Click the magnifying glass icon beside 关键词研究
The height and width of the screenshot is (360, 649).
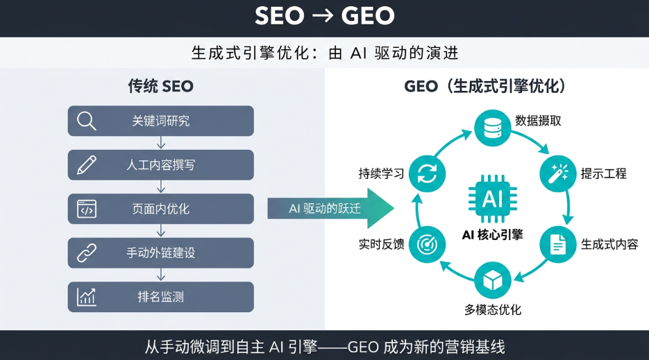87,121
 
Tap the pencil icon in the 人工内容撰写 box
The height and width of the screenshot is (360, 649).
87,164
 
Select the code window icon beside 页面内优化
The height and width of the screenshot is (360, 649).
87,209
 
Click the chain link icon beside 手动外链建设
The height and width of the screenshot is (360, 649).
87,252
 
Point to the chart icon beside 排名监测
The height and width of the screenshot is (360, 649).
87,297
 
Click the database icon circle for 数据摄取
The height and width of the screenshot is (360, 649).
493,128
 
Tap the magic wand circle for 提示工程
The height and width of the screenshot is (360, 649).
558,173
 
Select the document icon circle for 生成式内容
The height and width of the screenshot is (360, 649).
558,244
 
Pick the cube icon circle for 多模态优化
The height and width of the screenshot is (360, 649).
493,280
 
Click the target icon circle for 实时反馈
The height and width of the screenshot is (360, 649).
427,244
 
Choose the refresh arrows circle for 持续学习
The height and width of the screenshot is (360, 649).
427,173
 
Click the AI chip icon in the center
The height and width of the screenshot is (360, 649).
493,198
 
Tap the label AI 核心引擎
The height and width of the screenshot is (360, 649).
493,235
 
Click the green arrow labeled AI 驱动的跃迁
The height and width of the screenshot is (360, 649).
330,208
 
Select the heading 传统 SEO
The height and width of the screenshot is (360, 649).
160,86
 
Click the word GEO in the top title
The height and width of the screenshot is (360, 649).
368,16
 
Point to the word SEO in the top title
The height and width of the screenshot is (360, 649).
280,16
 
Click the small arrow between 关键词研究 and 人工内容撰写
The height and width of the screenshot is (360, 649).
161,143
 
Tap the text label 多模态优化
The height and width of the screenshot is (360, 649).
493,309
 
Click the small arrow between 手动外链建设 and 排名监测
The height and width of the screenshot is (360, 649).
161,275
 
